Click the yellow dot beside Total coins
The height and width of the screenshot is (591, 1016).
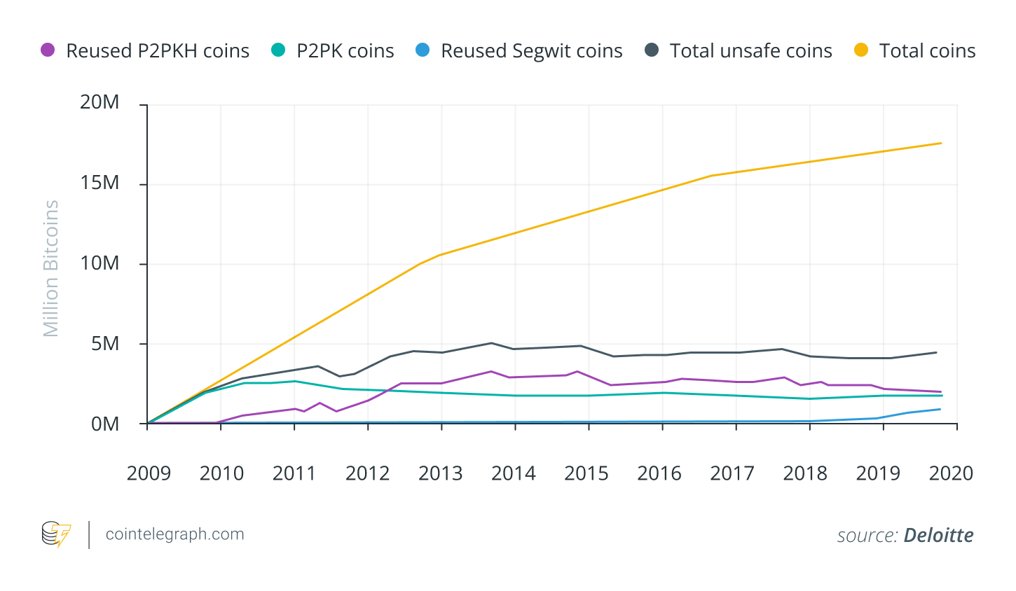click(862, 50)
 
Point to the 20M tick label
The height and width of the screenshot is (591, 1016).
click(99, 102)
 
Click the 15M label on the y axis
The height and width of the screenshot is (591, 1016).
click(99, 183)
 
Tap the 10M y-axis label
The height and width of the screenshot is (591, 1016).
click(99, 263)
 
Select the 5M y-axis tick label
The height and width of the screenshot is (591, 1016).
click(105, 344)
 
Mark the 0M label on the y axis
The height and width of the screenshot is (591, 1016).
click(105, 424)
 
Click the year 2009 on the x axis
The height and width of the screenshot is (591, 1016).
click(149, 473)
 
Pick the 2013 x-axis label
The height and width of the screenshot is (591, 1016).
click(440, 473)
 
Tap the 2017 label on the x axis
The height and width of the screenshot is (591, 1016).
click(732, 473)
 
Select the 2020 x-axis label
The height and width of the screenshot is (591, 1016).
click(951, 473)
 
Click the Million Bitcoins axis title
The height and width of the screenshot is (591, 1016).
click(51, 268)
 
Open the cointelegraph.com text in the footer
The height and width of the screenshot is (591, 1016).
click(174, 534)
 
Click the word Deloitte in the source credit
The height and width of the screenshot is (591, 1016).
click(938, 536)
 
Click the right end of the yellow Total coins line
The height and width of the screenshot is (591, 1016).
click(940, 143)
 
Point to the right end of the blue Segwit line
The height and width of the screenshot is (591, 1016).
click(940, 409)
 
